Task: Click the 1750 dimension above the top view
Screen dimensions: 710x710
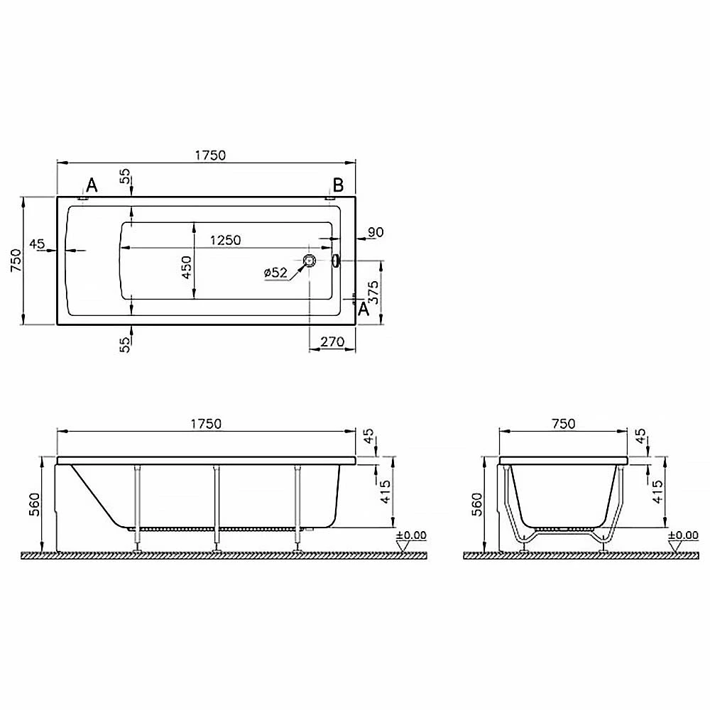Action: [210, 155]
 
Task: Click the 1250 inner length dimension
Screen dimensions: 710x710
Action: [225, 240]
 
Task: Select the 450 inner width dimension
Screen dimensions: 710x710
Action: [187, 267]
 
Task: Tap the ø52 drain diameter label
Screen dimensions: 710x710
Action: [275, 273]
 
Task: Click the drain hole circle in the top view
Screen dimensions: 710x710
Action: [310, 261]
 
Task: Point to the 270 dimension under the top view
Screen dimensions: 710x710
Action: [332, 342]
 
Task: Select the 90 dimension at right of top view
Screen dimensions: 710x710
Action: [376, 232]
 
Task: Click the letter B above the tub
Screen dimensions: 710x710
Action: [338, 185]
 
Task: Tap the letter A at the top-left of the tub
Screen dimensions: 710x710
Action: [92, 185]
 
